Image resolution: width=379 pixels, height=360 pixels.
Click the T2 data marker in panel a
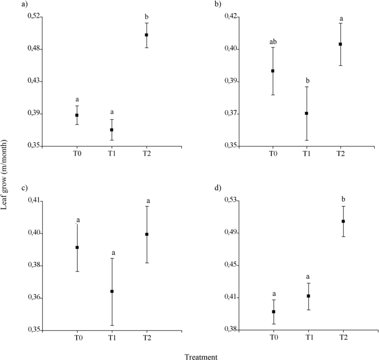(x=146, y=35)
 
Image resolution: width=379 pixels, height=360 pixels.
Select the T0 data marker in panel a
(x=77, y=115)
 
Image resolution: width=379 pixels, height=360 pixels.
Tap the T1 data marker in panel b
(x=306, y=113)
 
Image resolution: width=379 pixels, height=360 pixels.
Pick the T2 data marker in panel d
(x=343, y=221)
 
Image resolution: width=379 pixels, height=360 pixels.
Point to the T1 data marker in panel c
(x=112, y=291)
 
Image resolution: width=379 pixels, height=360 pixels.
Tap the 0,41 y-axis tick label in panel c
(x=34, y=201)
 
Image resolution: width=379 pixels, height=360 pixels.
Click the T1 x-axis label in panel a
(x=112, y=153)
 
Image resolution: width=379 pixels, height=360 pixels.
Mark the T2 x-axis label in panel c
(x=146, y=338)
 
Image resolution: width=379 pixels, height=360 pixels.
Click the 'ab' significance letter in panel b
(x=273, y=41)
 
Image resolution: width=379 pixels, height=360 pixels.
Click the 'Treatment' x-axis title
(x=201, y=357)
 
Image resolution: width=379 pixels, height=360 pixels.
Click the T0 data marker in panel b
(x=273, y=71)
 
